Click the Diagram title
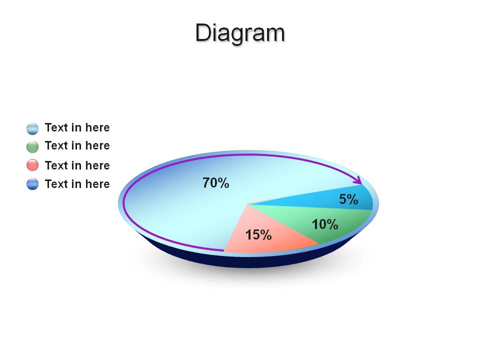coord(240,33)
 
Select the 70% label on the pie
coord(216,183)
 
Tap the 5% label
coord(348,199)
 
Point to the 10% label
coord(325,224)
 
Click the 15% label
coord(258,235)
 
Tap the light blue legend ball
coord(32,129)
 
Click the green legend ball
coord(32,146)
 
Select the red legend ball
coord(32,165)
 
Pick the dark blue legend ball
coord(32,184)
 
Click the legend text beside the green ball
coord(77,145)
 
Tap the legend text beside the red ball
coord(77,165)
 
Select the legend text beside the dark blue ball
coord(77,184)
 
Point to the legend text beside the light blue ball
coord(77,127)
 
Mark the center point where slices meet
coord(248,204)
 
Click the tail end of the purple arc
coord(224,250)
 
